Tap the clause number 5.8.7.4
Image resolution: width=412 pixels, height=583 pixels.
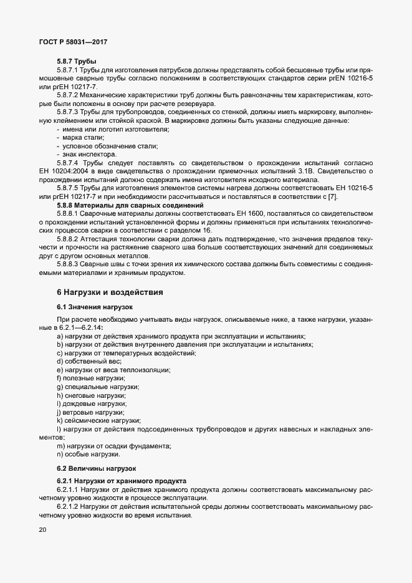69,161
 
